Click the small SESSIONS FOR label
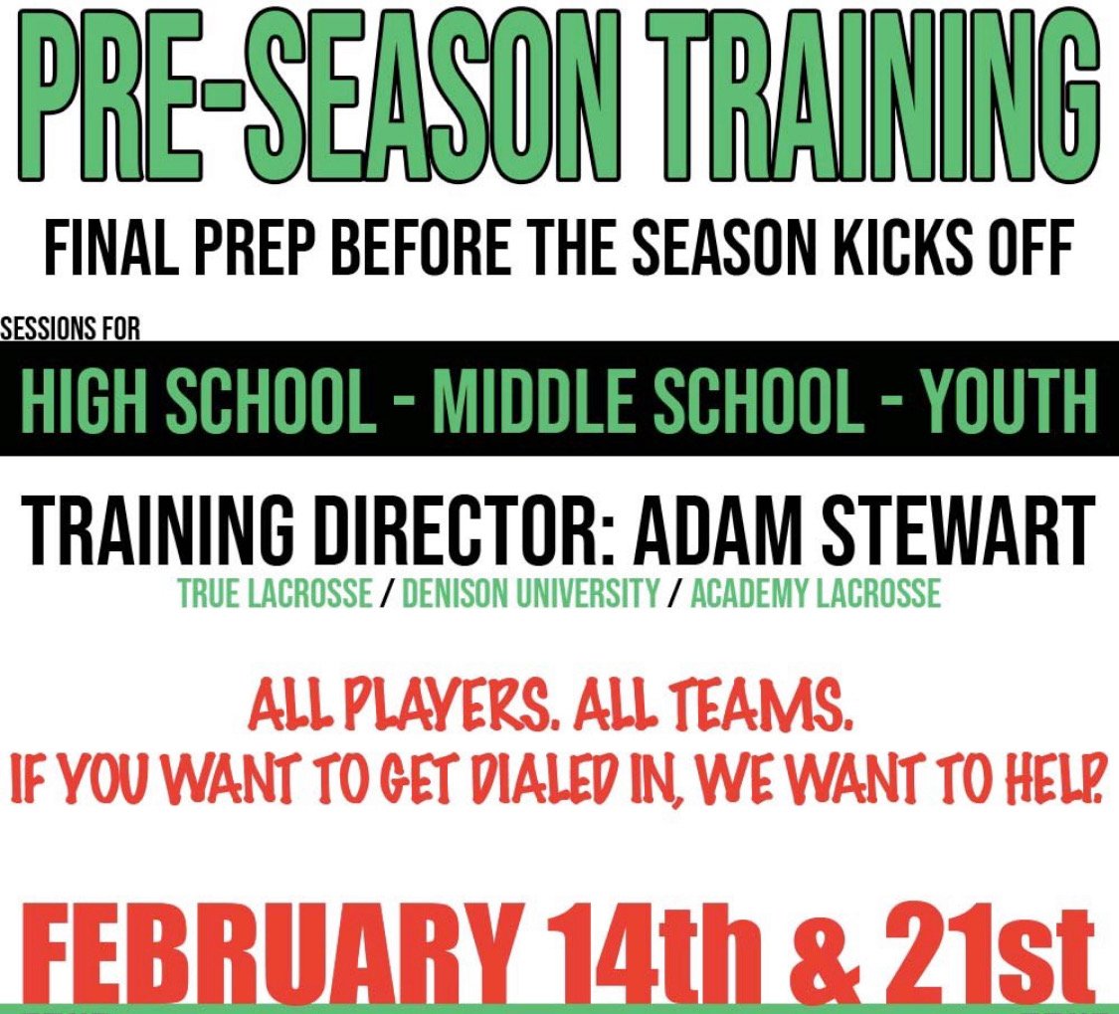71,329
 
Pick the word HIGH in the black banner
91,399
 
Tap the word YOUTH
1009,399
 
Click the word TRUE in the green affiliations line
204,594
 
